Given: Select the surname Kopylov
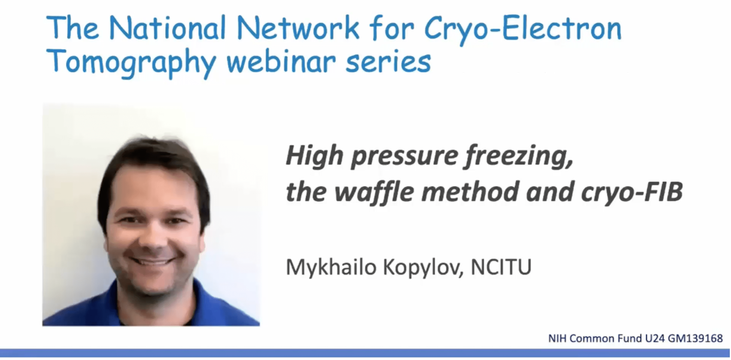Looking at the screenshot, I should pos(423,267).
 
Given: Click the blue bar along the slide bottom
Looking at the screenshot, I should pos(365,353).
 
